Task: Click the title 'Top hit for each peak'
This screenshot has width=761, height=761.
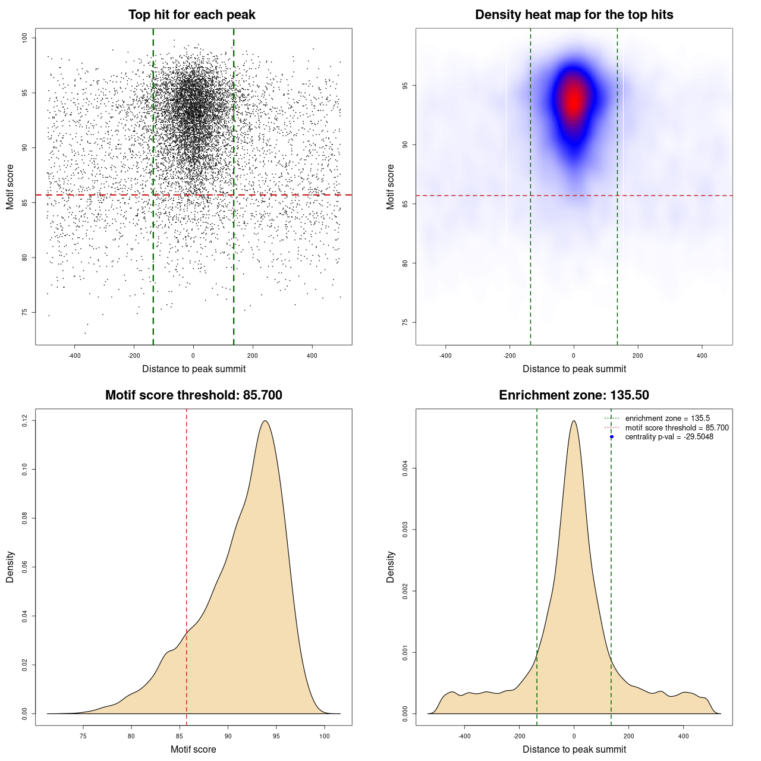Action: click(x=191, y=15)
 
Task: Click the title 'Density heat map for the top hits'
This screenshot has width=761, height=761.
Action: click(x=574, y=15)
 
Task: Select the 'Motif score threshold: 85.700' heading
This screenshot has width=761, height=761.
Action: click(x=193, y=395)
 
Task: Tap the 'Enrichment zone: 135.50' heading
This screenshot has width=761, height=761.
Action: click(x=574, y=395)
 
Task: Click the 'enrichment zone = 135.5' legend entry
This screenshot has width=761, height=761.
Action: click(x=667, y=419)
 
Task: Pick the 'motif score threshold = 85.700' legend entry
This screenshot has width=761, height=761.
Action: click(x=677, y=428)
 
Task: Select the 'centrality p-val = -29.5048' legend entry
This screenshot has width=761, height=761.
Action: click(x=669, y=437)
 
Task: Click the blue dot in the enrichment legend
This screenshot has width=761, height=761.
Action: click(x=612, y=437)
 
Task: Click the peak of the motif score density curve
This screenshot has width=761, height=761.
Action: click(x=265, y=421)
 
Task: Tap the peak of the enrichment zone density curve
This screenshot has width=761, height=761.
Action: click(x=574, y=421)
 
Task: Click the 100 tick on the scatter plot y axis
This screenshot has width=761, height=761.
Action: click(x=25, y=38)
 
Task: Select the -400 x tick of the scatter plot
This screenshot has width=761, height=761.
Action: click(x=74, y=356)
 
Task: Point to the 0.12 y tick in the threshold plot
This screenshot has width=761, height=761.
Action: click(x=25, y=421)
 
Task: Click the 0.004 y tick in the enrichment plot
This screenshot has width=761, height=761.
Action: click(x=405, y=468)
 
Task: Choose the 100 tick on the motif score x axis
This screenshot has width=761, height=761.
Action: click(x=324, y=736)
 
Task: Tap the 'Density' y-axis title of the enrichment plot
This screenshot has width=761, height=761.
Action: click(x=391, y=567)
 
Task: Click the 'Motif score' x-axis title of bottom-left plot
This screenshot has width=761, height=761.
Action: click(x=193, y=749)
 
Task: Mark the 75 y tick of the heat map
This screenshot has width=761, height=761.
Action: click(x=405, y=322)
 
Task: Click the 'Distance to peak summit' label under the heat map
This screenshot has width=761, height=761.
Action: click(x=574, y=369)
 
